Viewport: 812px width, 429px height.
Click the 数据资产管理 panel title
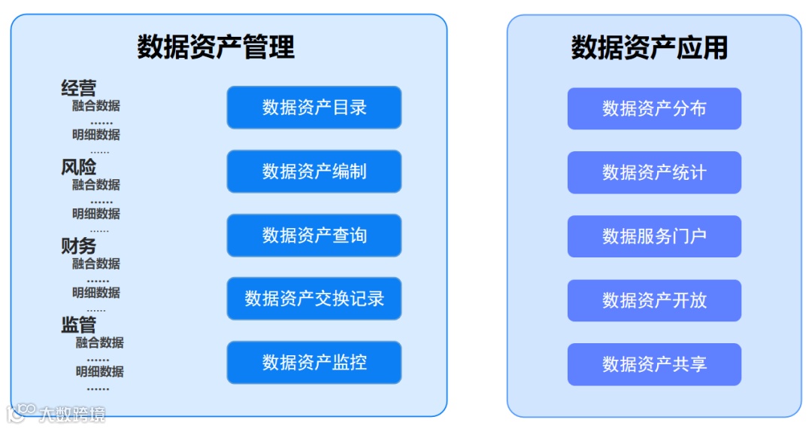pos(216,47)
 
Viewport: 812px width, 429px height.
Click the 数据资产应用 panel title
pos(650,47)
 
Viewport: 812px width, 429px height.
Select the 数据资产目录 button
pos(314,108)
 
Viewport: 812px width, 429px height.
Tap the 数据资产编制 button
pos(314,172)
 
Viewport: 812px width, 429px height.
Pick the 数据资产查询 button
pos(314,236)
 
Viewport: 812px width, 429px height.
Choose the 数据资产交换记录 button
pos(314,299)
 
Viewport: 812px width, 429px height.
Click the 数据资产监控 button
pos(314,363)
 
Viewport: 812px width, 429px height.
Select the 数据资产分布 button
pos(654,108)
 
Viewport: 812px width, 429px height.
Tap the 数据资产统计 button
pos(654,172)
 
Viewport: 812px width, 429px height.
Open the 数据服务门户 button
pos(654,236)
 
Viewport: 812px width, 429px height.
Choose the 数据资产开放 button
pos(654,300)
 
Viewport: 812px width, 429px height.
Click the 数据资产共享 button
pos(654,364)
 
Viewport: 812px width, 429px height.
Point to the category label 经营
pos(79,89)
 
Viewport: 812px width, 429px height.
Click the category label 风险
pos(79,167)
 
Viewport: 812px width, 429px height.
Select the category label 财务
pos(79,246)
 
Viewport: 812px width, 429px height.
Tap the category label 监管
pos(79,325)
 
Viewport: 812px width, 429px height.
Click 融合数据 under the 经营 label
pos(96,106)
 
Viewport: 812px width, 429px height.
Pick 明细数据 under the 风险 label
pos(96,214)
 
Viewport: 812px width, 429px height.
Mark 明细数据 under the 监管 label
pos(99,372)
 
